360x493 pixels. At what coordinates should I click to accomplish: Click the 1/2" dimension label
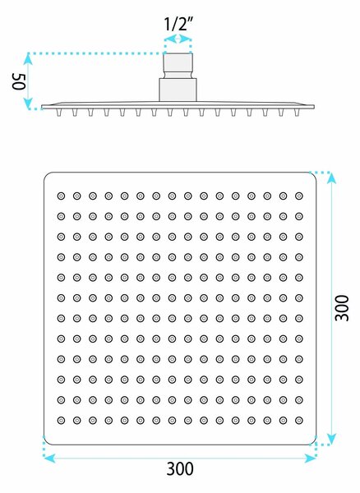(178, 24)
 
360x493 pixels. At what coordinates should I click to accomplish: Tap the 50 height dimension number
(18, 81)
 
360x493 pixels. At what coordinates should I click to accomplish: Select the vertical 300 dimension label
(342, 308)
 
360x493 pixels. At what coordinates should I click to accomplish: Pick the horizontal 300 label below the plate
(180, 469)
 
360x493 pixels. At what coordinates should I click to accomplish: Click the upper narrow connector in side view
(178, 66)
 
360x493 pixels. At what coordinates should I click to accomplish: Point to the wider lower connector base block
(178, 90)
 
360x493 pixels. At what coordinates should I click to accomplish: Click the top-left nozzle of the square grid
(61, 196)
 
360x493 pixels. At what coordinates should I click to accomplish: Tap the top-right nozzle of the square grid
(299, 196)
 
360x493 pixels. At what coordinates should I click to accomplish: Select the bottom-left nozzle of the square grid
(61, 420)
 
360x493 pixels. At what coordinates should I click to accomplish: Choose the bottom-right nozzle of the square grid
(299, 420)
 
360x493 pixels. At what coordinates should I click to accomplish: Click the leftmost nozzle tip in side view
(59, 113)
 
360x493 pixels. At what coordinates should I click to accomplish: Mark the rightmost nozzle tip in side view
(297, 113)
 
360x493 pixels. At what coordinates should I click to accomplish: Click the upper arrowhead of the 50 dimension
(28, 59)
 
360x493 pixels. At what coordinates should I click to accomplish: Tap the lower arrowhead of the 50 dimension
(28, 104)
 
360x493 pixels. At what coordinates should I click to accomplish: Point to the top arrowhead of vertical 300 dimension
(332, 178)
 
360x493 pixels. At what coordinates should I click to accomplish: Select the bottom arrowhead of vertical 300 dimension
(332, 439)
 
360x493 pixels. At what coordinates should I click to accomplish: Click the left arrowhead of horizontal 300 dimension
(49, 458)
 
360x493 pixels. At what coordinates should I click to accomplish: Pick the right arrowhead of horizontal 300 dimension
(310, 458)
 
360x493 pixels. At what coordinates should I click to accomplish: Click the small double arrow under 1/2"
(178, 39)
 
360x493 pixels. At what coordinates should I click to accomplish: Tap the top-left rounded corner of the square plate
(47, 175)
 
